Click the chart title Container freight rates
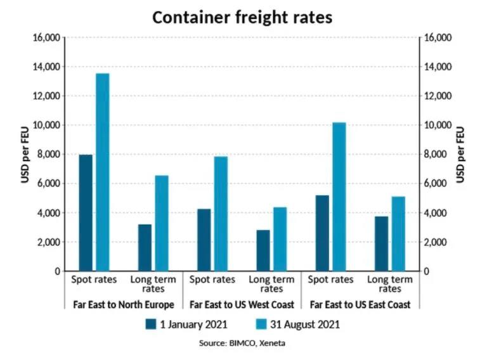243,17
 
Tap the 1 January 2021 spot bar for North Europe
86,213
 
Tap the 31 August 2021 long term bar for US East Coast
398,234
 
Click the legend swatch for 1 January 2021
151,325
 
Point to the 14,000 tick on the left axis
45,67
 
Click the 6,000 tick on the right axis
438,184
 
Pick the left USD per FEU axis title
25,155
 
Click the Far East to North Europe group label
124,305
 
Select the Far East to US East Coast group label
360,305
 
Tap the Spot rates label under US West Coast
212,280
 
